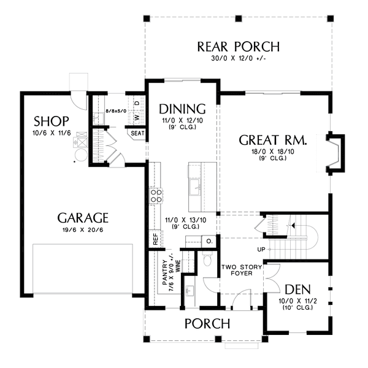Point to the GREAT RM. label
click(x=273, y=140)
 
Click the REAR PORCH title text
click(x=238, y=47)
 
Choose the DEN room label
click(x=297, y=289)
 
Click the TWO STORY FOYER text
click(x=237, y=270)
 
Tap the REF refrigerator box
click(x=155, y=239)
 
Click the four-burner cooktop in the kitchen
click(x=156, y=195)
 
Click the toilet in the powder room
click(x=207, y=261)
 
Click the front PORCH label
click(x=208, y=323)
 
